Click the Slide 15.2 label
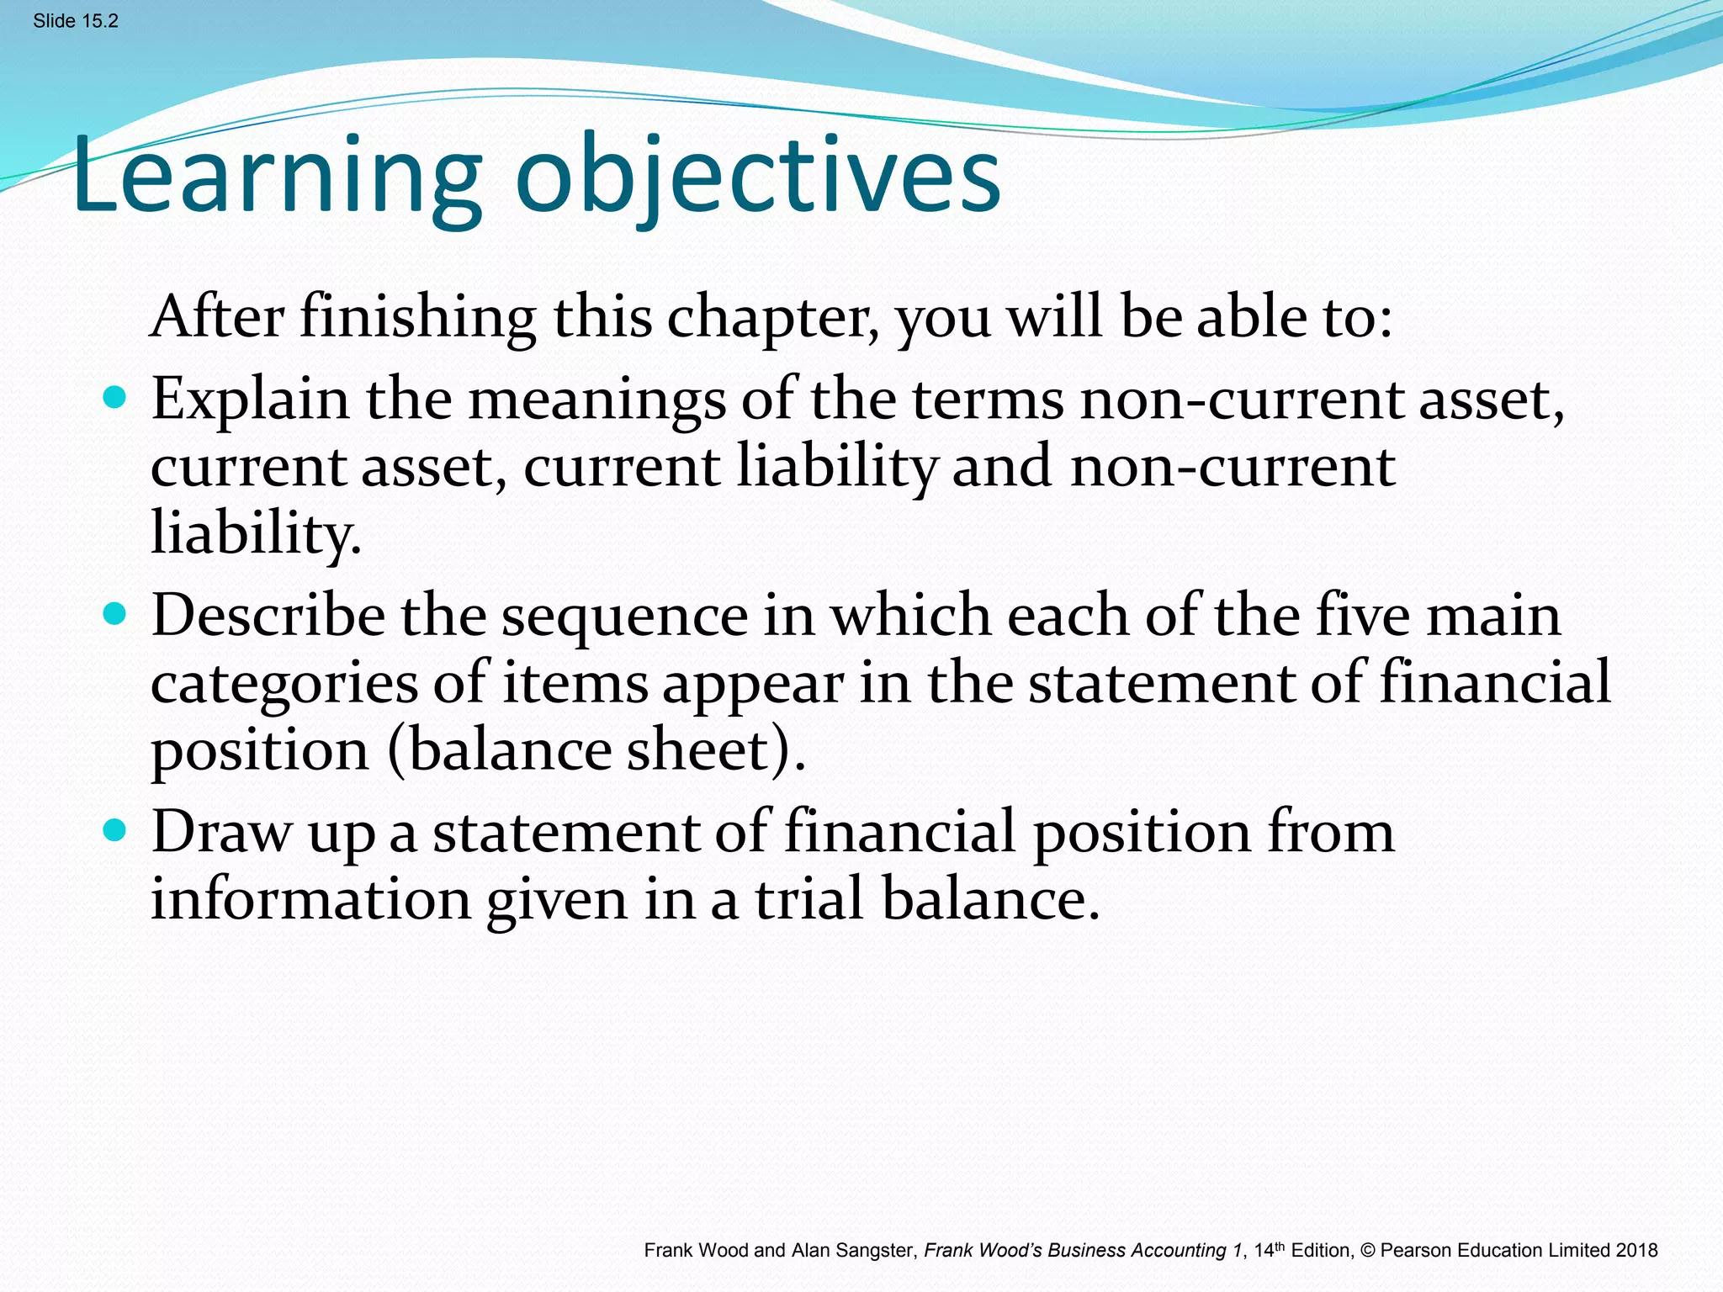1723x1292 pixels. click(76, 21)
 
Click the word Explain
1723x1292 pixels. click(250, 399)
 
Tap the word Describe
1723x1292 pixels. click(268, 615)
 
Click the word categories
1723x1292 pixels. click(284, 684)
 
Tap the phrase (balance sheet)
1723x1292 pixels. click(596, 749)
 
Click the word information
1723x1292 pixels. click(310, 899)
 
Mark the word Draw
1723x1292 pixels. click(220, 832)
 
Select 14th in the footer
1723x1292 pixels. click(1269, 1251)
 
